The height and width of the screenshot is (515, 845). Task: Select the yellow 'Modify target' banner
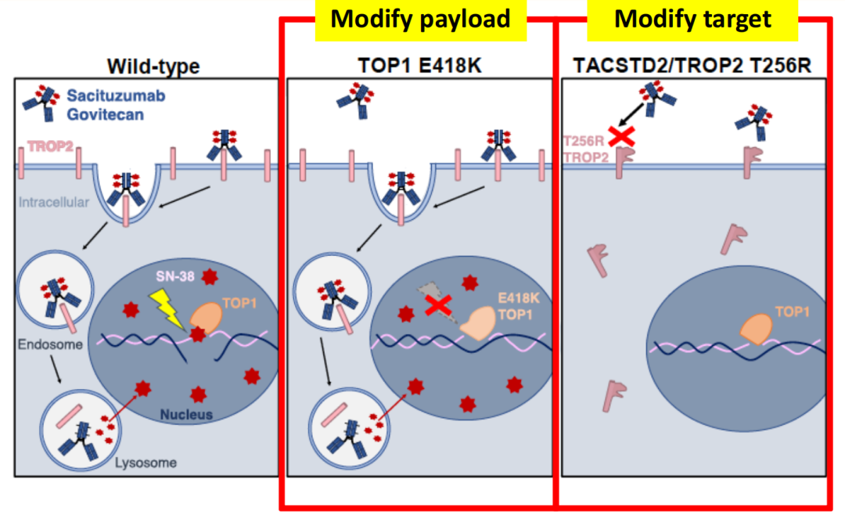coord(692,20)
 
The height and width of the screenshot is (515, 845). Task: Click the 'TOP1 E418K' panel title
coord(421,66)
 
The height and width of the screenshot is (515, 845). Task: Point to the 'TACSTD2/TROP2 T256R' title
coord(692,66)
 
